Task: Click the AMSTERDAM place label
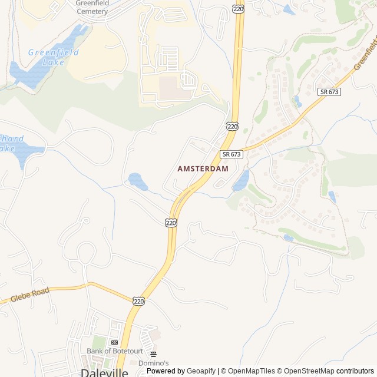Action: click(x=203, y=168)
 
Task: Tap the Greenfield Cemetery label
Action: click(x=92, y=7)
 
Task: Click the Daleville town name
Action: click(x=104, y=372)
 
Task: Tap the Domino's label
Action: click(x=153, y=363)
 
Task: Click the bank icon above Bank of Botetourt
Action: click(x=114, y=342)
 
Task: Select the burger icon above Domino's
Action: click(x=153, y=354)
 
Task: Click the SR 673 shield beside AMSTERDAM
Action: click(x=232, y=154)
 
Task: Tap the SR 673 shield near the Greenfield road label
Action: click(x=329, y=92)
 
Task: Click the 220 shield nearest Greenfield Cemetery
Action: click(x=238, y=9)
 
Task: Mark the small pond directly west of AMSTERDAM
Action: click(x=137, y=181)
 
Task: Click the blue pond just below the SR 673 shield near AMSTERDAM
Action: click(x=241, y=181)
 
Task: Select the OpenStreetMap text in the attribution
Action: click(x=306, y=371)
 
